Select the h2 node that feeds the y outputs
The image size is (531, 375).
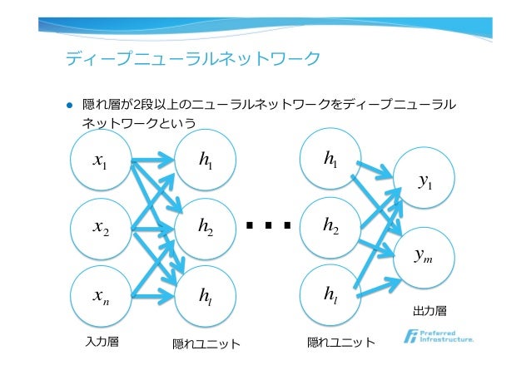(x=330, y=225)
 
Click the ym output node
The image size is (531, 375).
(x=424, y=256)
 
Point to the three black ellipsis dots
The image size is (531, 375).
(x=268, y=225)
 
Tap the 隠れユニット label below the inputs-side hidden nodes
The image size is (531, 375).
(x=206, y=343)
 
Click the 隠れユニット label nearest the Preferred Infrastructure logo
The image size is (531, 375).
(x=340, y=342)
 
